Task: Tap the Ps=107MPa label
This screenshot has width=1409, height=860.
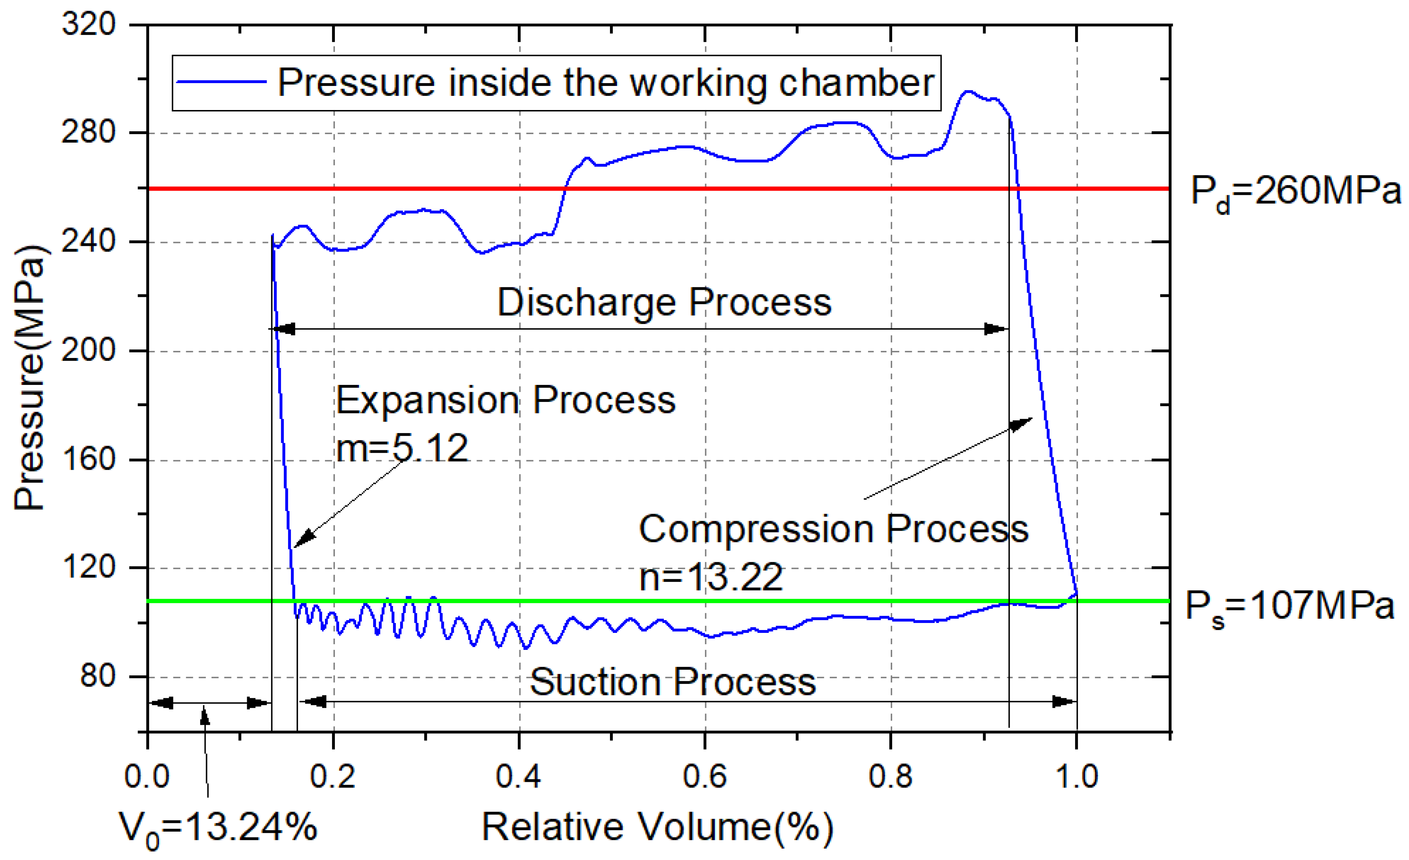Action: pyautogui.click(x=1289, y=607)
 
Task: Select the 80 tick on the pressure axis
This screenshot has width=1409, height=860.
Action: pyautogui.click(x=97, y=676)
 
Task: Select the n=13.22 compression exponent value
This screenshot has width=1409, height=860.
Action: pyautogui.click(x=711, y=577)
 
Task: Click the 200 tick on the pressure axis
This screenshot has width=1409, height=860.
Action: pyautogui.click(x=89, y=350)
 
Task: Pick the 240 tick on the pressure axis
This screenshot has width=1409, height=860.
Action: pyautogui.click(x=89, y=241)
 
